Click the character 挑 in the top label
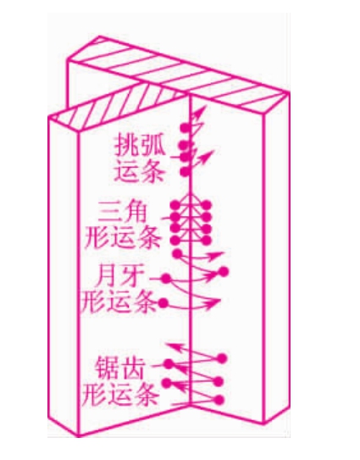pyautogui.click(x=126, y=145)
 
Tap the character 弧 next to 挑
pyautogui.click(x=152, y=145)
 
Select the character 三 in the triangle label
pyautogui.click(x=110, y=212)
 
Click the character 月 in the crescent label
pyautogui.click(x=108, y=275)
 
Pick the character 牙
pyautogui.click(x=132, y=275)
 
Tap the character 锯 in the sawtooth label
pyautogui.click(x=106, y=369)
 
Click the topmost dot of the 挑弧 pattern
pyautogui.click(x=185, y=128)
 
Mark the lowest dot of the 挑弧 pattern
pyautogui.click(x=185, y=172)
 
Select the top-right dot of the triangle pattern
pyautogui.click(x=207, y=205)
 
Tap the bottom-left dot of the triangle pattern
pyautogui.click(x=174, y=241)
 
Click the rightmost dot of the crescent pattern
pyautogui.click(x=224, y=272)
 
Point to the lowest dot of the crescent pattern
pyautogui.click(x=163, y=302)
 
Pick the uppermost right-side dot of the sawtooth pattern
pyautogui.click(x=222, y=358)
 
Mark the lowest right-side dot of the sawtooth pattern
pyautogui.click(x=219, y=400)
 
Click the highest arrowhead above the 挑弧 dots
pyautogui.click(x=202, y=111)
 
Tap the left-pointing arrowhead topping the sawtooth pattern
pyautogui.click(x=173, y=347)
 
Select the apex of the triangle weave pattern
pyautogui.click(x=190, y=195)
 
